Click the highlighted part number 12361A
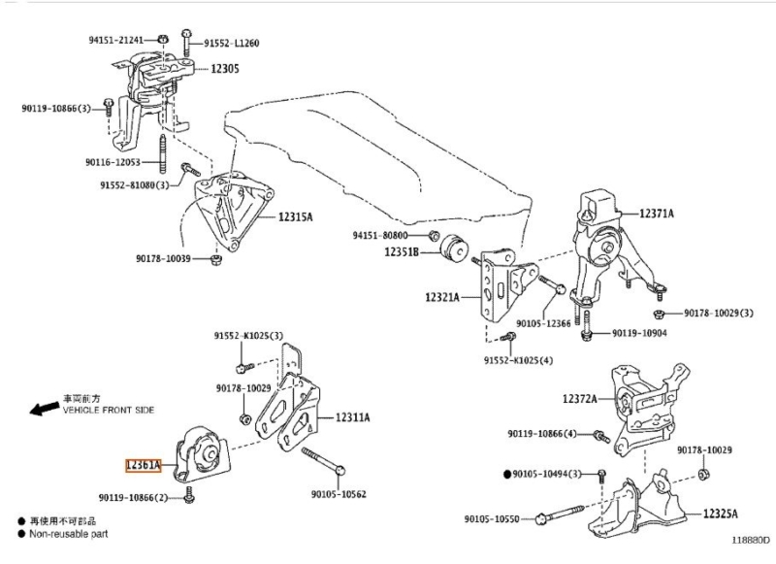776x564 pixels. [143, 465]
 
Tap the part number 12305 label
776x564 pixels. [225, 68]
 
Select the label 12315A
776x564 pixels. [296, 216]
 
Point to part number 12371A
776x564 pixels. [657, 214]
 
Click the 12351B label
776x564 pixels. [402, 252]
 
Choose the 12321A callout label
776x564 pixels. [442, 297]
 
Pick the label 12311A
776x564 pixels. [352, 417]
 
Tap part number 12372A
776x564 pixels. [579, 398]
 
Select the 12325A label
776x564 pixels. [721, 514]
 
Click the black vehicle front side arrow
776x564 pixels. [44, 408]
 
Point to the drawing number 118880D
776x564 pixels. [751, 540]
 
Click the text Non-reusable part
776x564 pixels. [68, 534]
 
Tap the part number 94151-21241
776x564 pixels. [115, 40]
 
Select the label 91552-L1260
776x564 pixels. [232, 43]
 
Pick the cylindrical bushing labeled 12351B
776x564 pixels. [454, 248]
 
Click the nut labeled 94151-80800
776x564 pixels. [434, 235]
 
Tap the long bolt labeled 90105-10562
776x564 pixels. [324, 460]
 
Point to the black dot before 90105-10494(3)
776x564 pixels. [506, 475]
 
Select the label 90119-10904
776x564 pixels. [639, 333]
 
